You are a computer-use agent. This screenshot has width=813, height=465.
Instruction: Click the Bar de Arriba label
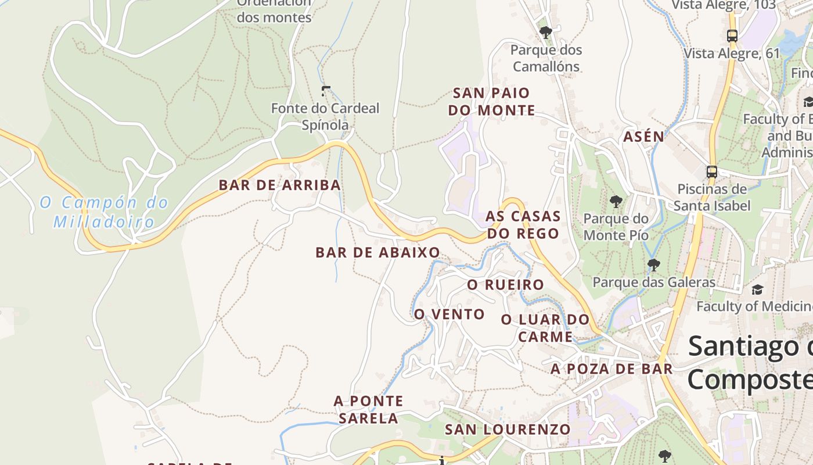click(279, 185)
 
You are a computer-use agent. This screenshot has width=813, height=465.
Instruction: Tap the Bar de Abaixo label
click(377, 252)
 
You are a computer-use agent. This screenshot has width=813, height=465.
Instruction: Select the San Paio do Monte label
click(491, 101)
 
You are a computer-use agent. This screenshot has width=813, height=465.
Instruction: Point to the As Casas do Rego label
click(523, 225)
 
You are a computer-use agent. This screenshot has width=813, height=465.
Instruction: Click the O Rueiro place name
click(505, 285)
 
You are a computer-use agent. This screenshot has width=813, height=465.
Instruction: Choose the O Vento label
click(449, 314)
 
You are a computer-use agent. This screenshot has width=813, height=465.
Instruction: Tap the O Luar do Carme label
click(545, 328)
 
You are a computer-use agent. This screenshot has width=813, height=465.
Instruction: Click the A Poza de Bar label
click(611, 369)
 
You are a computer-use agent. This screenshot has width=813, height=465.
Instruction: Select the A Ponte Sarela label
click(368, 409)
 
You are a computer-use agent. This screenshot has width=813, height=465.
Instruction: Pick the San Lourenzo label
click(508, 430)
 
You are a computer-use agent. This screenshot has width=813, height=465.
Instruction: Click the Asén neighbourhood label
click(643, 137)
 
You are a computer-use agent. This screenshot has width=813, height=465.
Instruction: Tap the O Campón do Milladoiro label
click(104, 212)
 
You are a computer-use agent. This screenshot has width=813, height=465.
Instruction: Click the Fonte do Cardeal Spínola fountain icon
click(326, 91)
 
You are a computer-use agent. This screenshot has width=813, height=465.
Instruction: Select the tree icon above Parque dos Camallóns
click(545, 32)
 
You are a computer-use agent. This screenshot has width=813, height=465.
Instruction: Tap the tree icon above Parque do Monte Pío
click(616, 202)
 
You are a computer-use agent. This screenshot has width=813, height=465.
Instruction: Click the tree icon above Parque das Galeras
click(654, 265)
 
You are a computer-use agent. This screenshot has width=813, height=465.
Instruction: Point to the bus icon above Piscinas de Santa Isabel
click(711, 171)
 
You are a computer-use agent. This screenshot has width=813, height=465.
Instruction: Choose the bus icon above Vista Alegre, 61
click(732, 35)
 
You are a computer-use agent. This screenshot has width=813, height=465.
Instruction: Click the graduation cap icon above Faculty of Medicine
click(757, 289)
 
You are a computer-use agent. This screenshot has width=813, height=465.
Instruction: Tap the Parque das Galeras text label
click(654, 282)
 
